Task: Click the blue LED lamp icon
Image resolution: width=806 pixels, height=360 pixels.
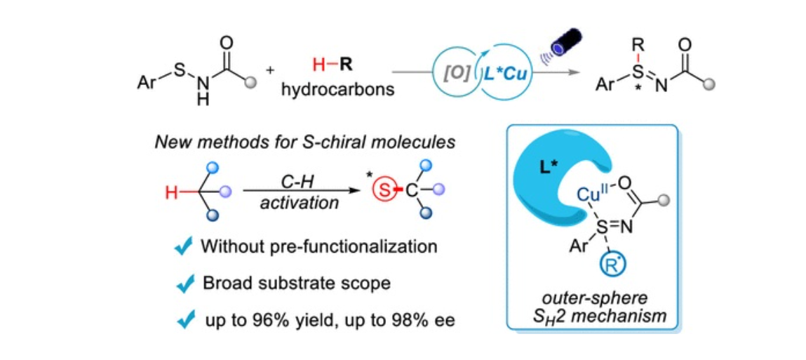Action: pos(565,42)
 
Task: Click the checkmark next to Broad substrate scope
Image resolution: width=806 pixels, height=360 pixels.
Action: pos(183,283)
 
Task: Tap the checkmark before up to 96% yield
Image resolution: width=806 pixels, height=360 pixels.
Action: pos(183,320)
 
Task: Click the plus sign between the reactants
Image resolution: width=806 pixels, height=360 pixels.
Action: pos(271,70)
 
